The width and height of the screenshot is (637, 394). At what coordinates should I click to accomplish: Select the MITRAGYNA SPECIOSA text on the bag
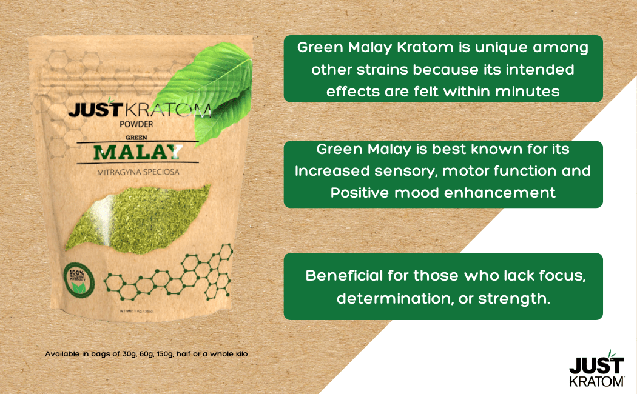(138, 172)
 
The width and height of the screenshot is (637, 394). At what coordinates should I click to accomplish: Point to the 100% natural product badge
(78, 278)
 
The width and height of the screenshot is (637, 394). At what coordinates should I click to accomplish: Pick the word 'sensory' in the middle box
(403, 171)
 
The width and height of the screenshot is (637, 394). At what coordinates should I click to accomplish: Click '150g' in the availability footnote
(163, 353)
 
